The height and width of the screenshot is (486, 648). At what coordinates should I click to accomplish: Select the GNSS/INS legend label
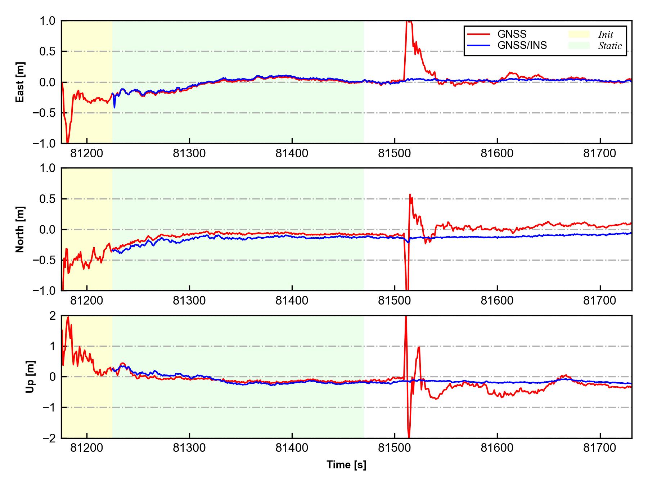pyautogui.click(x=522, y=45)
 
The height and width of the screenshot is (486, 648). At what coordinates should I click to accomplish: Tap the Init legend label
pyautogui.click(x=606, y=35)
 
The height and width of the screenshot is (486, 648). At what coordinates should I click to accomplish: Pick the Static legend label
pyautogui.click(x=610, y=46)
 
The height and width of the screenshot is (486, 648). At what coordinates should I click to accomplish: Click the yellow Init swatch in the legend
pyautogui.click(x=579, y=34)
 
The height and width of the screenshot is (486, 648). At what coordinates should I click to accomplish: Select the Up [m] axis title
pyautogui.click(x=30, y=377)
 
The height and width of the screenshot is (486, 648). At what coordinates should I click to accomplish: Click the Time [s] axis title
pyautogui.click(x=346, y=465)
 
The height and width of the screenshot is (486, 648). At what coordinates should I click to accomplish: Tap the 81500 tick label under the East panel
pyautogui.click(x=394, y=154)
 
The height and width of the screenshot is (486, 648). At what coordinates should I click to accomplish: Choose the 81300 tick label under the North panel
pyautogui.click(x=189, y=301)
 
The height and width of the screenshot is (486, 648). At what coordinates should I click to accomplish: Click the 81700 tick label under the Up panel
pyautogui.click(x=600, y=448)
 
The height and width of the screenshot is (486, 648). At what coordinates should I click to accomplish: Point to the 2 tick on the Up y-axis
pyautogui.click(x=53, y=316)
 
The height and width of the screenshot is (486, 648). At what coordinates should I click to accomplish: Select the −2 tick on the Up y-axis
pyautogui.click(x=49, y=438)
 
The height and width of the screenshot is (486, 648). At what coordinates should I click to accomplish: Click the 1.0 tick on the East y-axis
pyautogui.click(x=48, y=21)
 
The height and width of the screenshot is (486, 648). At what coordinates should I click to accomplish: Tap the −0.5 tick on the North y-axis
pyautogui.click(x=45, y=260)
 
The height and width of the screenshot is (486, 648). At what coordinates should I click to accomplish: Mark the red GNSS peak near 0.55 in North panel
pyautogui.click(x=410, y=195)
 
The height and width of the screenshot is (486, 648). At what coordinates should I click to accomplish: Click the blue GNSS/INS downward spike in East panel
pyautogui.click(x=114, y=107)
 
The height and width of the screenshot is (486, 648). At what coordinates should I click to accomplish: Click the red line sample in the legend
pyautogui.click(x=478, y=34)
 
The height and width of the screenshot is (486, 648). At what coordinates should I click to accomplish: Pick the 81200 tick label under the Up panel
pyautogui.click(x=87, y=448)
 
